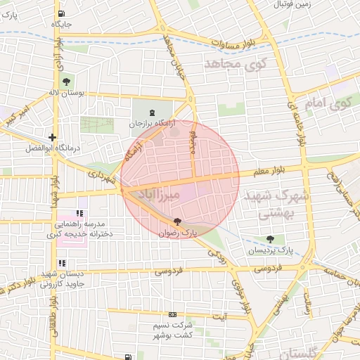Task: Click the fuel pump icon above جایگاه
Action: [62, 13]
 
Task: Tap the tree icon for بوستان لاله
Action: [67, 82]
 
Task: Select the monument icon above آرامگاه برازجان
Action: [153, 112]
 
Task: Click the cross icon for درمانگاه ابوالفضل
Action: [53, 138]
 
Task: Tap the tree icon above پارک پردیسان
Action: [270, 240]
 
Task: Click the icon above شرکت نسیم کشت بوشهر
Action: [173, 316]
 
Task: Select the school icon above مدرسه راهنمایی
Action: [79, 213]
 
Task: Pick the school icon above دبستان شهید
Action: [63, 263]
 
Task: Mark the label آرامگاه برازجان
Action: [150, 124]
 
